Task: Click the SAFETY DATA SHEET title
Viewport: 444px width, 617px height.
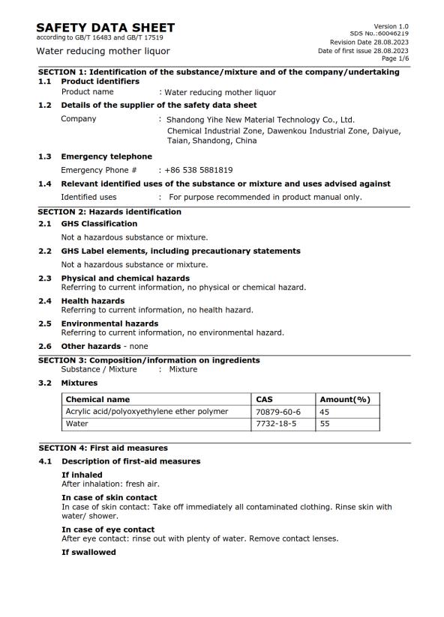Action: [105, 28]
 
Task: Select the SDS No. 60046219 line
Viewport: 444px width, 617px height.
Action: [379, 34]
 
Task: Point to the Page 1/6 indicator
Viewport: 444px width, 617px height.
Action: [394, 58]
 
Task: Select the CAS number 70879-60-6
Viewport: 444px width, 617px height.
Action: [278, 411]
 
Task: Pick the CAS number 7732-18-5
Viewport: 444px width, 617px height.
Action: [276, 423]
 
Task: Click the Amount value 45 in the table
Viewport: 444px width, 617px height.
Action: [325, 411]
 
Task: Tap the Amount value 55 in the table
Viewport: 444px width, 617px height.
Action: [325, 423]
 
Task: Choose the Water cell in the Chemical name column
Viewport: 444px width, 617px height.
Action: [77, 423]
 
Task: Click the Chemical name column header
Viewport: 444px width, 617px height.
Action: [97, 399]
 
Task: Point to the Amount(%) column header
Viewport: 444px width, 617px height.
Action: [345, 399]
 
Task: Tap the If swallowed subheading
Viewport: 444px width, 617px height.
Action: [88, 552]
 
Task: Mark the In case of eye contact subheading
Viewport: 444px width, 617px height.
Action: [108, 529]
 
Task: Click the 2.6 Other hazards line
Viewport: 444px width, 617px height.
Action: [104, 346]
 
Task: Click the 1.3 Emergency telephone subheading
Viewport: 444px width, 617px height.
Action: [106, 156]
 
